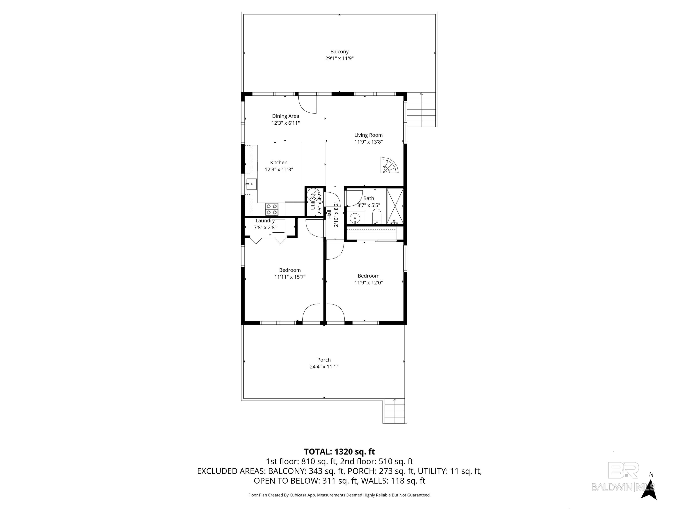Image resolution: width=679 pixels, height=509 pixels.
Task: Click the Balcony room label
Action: [339, 51]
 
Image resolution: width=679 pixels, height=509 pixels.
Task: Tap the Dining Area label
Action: [286, 116]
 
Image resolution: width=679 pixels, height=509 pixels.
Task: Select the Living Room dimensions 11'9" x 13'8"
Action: [368, 142]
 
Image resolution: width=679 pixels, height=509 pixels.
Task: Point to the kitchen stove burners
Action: [272, 209]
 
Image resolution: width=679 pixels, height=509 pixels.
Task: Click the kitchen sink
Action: [251, 184]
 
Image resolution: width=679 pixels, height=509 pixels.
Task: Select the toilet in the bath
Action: [376, 217]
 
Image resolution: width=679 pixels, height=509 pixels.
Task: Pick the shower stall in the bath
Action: [395, 206]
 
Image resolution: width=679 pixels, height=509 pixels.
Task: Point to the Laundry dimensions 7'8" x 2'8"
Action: [265, 227]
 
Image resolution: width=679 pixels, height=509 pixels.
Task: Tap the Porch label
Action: [324, 360]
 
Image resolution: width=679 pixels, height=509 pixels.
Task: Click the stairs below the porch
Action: [395, 411]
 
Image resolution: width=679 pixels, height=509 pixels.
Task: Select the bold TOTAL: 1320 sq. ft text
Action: [339, 452]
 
